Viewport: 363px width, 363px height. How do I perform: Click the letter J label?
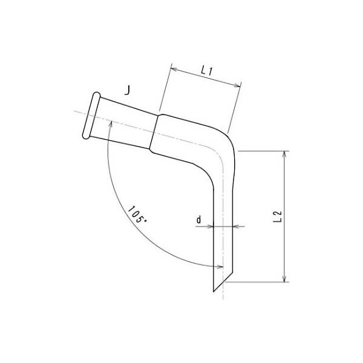127,91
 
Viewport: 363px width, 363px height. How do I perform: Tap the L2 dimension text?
276,217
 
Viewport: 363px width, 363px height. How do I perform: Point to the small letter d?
199,220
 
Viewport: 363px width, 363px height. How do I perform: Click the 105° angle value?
137,215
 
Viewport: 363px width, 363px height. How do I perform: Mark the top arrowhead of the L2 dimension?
284,154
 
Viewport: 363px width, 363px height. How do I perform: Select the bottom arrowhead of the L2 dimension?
284,278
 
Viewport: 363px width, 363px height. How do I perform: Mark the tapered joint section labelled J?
127,119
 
